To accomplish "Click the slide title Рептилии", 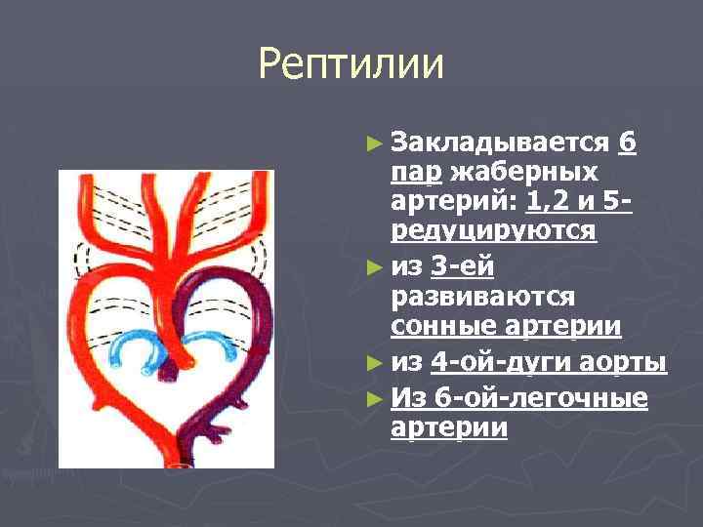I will point(351,65).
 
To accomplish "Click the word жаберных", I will point(523,174).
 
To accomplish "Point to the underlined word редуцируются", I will point(493,233).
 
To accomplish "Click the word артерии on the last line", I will point(448,427).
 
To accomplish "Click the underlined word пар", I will point(413,174).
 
